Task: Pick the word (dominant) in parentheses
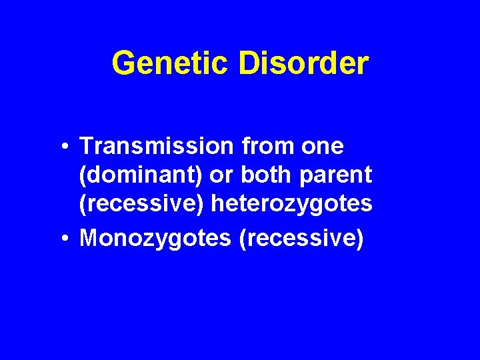(x=141, y=175)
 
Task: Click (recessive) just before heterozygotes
(x=141, y=205)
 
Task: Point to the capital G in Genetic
(x=123, y=63)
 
